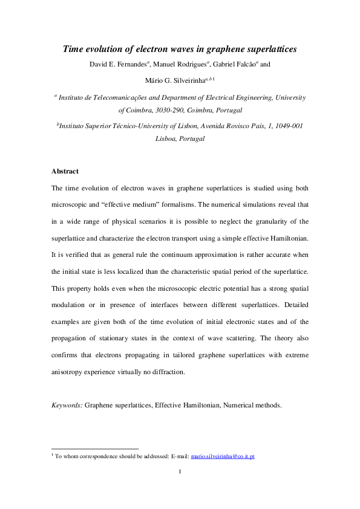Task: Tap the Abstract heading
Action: pos(65,172)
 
